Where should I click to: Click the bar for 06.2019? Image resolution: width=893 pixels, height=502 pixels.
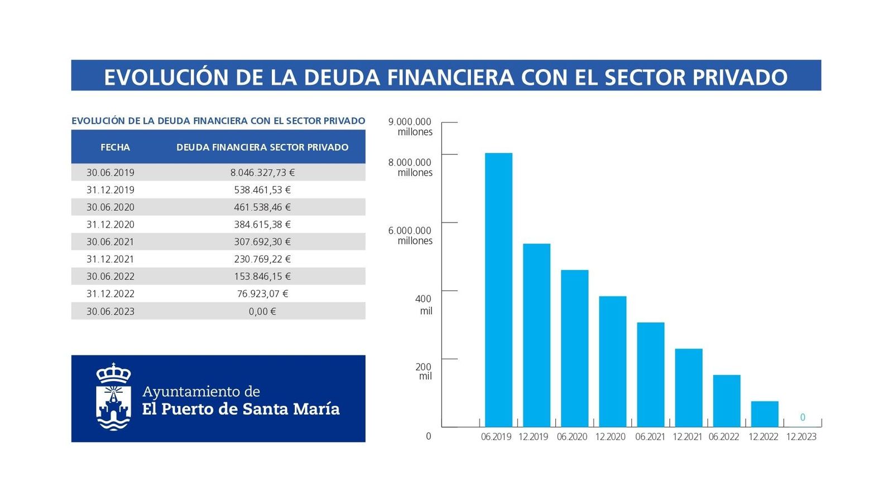(x=498, y=290)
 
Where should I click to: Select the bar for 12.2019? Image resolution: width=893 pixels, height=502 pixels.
(x=536, y=335)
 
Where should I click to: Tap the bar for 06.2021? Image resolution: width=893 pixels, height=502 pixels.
(x=651, y=374)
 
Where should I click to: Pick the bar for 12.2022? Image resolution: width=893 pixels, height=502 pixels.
(x=765, y=414)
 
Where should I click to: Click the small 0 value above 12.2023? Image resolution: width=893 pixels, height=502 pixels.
(x=803, y=417)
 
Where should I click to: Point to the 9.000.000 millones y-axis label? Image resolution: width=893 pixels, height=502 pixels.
(x=410, y=127)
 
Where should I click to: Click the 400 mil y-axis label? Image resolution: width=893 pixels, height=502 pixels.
(x=424, y=305)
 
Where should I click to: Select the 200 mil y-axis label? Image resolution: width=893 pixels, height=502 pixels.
(x=424, y=371)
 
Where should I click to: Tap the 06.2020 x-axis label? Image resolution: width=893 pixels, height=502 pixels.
(x=572, y=437)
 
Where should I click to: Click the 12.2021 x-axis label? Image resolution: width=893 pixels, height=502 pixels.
(x=687, y=437)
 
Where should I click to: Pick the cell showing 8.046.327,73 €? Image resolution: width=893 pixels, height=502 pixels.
(x=262, y=172)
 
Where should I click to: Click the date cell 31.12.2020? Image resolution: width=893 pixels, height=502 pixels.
(x=111, y=224)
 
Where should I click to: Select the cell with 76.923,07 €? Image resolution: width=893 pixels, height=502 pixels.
(x=262, y=293)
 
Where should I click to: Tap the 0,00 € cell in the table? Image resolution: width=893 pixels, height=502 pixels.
(x=262, y=311)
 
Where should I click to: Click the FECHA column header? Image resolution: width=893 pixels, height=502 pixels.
(x=115, y=147)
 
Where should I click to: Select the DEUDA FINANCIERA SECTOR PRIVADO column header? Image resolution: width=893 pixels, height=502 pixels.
(x=262, y=147)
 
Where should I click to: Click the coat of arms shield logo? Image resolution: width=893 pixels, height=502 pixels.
(x=114, y=397)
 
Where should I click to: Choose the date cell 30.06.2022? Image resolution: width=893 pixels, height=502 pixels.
(x=111, y=276)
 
